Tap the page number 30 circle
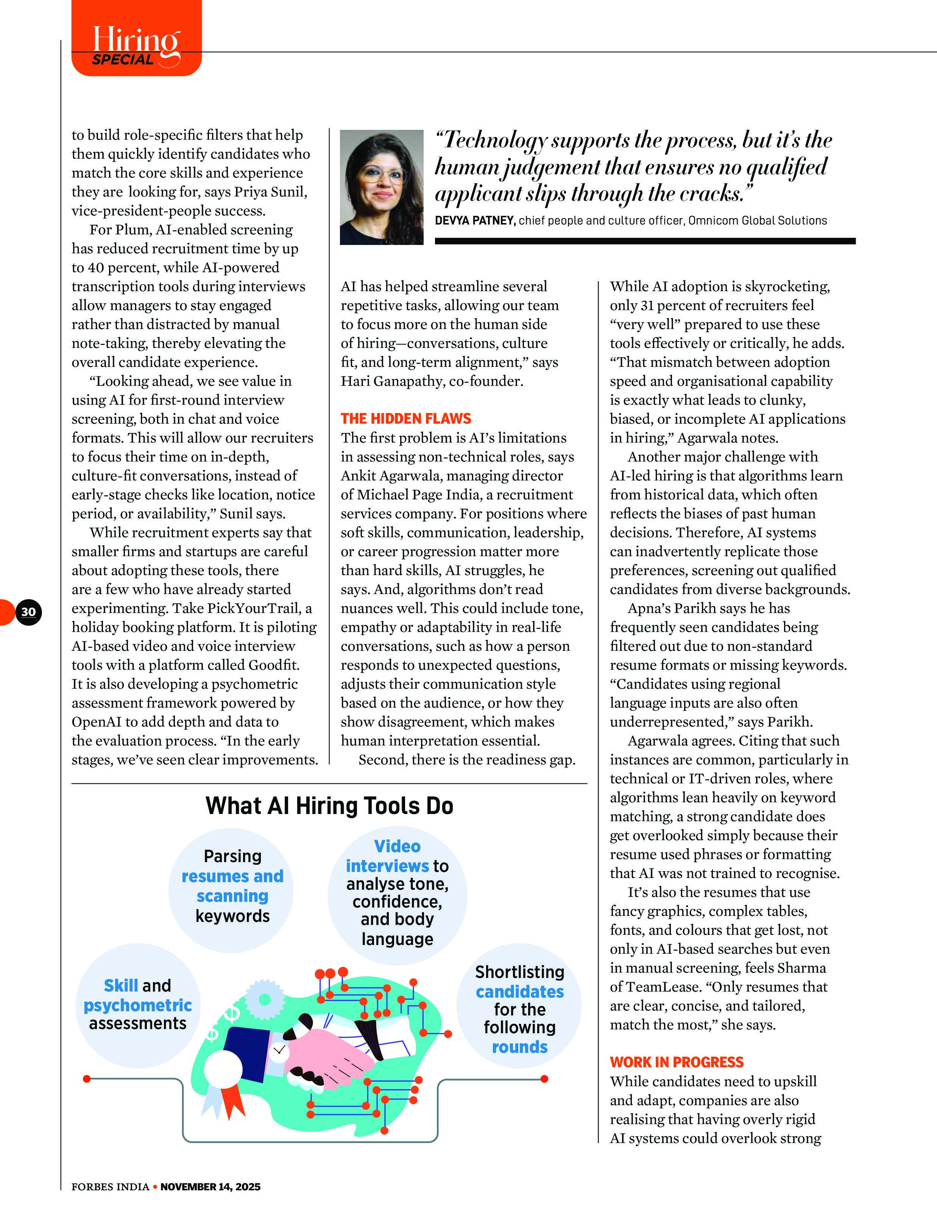point(28,611)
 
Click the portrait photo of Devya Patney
point(382,187)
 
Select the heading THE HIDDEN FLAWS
point(405,418)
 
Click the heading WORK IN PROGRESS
point(677,1062)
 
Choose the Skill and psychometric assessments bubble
point(138,1004)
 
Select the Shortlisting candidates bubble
point(519,1009)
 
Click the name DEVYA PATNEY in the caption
point(474,220)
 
